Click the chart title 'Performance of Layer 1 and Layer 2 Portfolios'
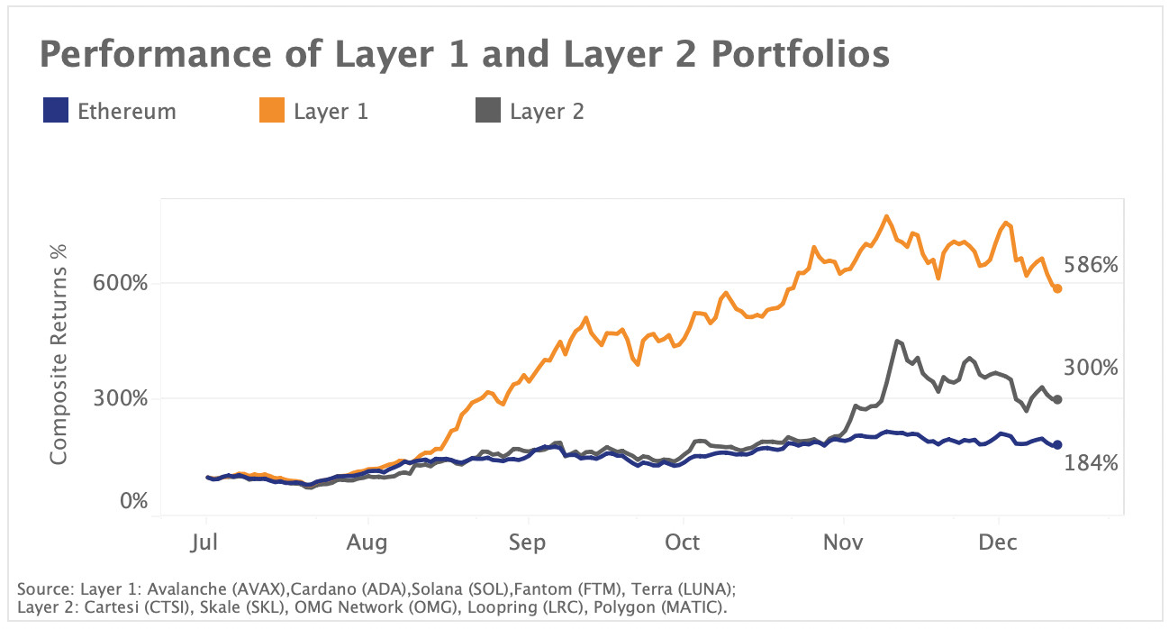pyautogui.click(x=464, y=56)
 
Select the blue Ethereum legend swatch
pyautogui.click(x=55, y=112)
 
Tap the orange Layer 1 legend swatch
pyautogui.click(x=271, y=112)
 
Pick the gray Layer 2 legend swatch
pyautogui.click(x=487, y=112)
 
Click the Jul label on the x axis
pyautogui.click(x=206, y=542)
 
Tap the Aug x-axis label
pyautogui.click(x=367, y=542)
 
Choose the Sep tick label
pyautogui.click(x=527, y=542)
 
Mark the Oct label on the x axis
pyautogui.click(x=683, y=542)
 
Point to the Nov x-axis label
pyautogui.click(x=843, y=542)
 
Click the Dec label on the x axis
pyautogui.click(x=998, y=542)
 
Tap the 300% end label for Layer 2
pyautogui.click(x=1091, y=368)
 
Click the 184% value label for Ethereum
pyautogui.click(x=1091, y=463)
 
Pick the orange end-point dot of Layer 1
pyautogui.click(x=1057, y=288)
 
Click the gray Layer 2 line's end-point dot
pyautogui.click(x=1057, y=399)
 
